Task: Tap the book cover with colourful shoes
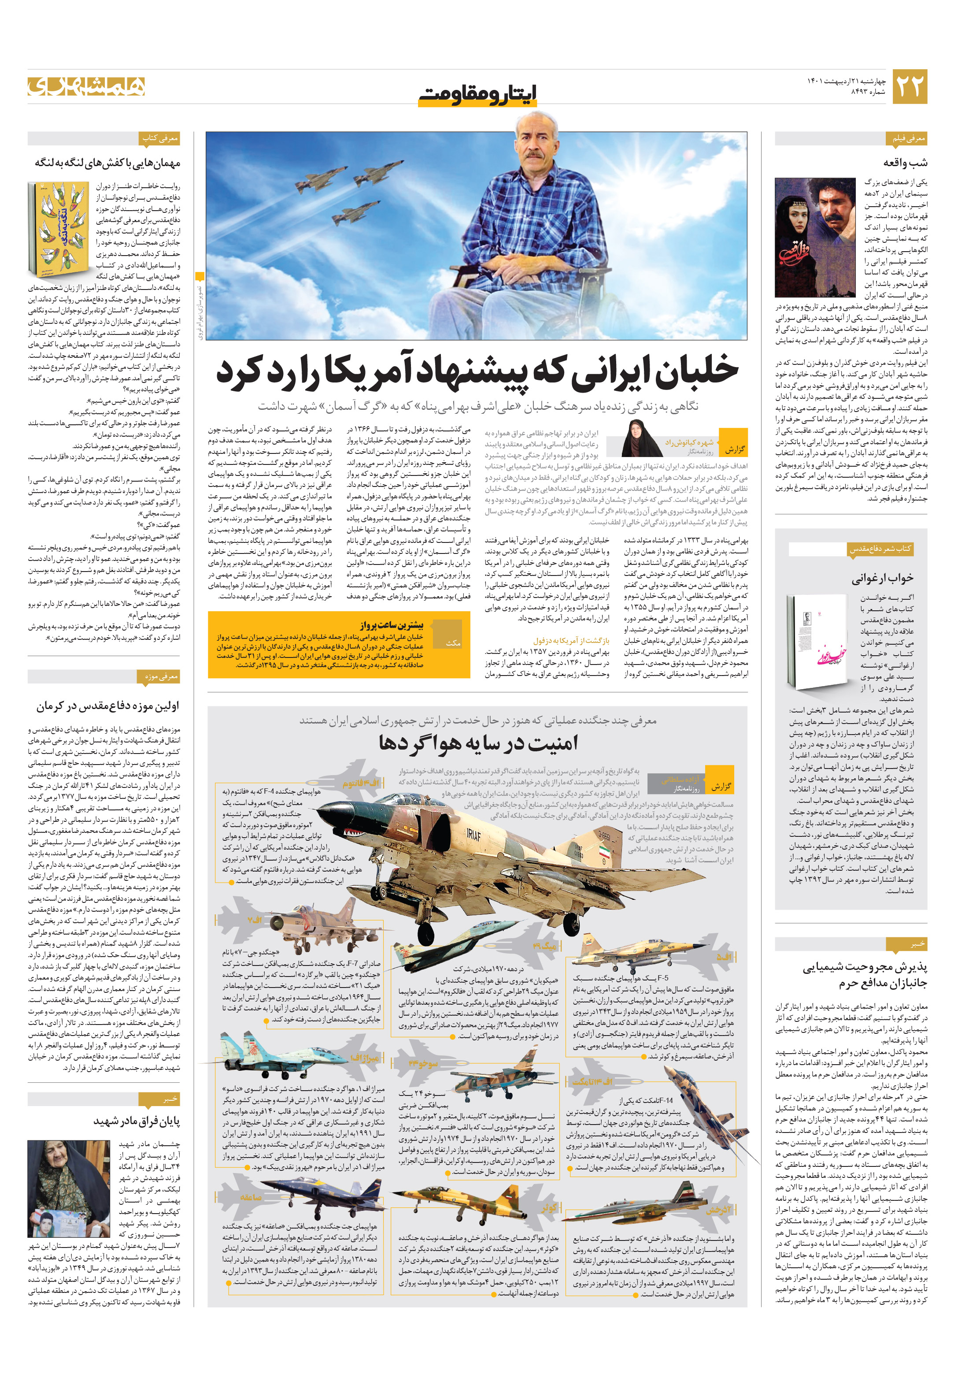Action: tap(58, 229)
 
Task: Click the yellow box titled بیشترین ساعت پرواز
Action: tap(338, 644)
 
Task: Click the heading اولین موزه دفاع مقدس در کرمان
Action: tap(107, 706)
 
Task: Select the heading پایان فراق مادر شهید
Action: tap(136, 1121)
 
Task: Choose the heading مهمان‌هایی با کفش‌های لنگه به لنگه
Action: tap(107, 163)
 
